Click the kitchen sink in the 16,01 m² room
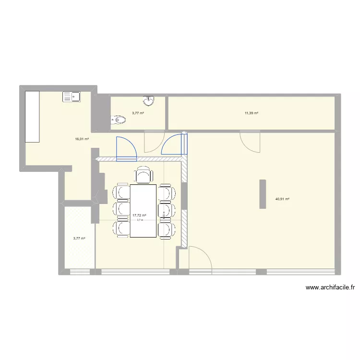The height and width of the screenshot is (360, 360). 72,97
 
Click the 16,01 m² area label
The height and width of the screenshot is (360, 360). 82,139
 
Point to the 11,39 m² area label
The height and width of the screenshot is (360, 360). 251,113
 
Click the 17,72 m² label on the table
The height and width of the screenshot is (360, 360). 139,216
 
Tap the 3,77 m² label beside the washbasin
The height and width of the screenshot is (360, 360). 138,113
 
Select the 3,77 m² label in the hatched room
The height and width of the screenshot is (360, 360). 79,238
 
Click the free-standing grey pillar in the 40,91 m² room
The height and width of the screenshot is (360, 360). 263,194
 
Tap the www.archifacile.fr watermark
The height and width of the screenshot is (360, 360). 330,288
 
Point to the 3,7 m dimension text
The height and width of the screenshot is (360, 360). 140,220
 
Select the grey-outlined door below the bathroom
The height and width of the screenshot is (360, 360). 153,143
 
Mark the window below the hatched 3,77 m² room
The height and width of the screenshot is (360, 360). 80,272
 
